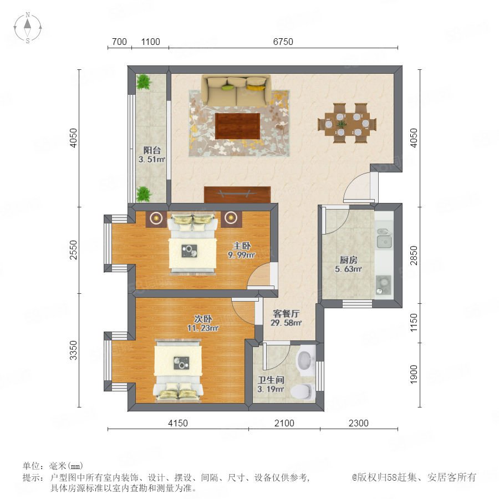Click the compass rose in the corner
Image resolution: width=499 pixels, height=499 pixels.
click(28, 28)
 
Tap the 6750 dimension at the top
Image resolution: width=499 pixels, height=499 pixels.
click(283, 42)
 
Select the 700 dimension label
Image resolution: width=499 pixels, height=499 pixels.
click(119, 42)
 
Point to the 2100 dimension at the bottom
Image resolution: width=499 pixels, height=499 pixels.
click(284, 423)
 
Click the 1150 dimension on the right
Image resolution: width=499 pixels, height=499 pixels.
click(414, 322)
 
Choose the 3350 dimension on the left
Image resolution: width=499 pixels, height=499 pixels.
click(74, 350)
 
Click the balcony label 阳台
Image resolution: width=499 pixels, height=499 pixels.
click(152, 150)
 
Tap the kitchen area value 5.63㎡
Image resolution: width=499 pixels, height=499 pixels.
click(348, 269)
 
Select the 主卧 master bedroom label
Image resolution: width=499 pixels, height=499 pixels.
click(242, 246)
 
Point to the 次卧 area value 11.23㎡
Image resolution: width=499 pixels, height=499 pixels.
click(203, 328)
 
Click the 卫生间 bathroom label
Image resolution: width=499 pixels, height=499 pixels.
click(271, 380)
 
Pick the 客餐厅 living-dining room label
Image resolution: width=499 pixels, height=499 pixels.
click(286, 313)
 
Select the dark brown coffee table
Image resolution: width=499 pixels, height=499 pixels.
click(238, 126)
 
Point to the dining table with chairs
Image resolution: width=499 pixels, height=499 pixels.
click(347, 123)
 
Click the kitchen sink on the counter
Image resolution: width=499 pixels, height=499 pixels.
click(384, 238)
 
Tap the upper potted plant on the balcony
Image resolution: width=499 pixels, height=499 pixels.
click(144, 82)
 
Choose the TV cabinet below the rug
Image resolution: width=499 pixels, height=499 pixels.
click(237, 195)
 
